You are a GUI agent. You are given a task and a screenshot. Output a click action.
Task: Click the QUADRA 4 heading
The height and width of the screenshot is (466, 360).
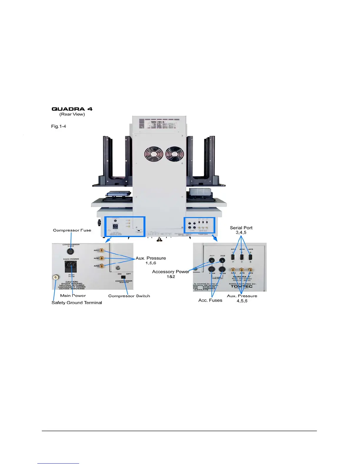pos(72,109)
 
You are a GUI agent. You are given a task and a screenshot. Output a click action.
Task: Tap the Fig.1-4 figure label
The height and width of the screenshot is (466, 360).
pos(59,126)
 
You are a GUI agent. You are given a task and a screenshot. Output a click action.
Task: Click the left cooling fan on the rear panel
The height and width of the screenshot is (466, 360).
pos(154,154)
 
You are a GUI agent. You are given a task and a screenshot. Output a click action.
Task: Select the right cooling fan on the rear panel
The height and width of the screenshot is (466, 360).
pos(174,154)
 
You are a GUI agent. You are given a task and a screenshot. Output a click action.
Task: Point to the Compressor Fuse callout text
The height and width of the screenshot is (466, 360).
pos(72,230)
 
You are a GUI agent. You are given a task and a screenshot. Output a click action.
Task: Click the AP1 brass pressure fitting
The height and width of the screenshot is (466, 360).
pos(102,250)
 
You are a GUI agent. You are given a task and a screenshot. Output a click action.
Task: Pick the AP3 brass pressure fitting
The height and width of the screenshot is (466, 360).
pos(102,266)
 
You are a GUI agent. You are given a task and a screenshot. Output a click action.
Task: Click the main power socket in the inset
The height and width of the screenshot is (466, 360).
pos(71,267)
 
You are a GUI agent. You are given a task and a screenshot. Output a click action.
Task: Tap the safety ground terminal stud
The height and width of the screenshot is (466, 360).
pos(55,277)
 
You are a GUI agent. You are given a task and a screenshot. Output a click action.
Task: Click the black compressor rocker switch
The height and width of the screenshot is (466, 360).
pos(123,277)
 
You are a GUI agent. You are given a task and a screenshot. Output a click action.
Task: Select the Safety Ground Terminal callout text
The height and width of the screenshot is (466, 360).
pos(77,303)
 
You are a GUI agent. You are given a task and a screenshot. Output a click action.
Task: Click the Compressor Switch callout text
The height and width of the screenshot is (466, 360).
pos(129,296)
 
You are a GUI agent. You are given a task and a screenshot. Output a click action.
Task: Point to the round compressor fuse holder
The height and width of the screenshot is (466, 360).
pos(71,251)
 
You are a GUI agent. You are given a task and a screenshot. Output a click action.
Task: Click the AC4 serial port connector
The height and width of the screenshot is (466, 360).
pos(242,257)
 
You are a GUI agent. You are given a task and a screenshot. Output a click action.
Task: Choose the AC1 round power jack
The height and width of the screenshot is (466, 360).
pos(211,260)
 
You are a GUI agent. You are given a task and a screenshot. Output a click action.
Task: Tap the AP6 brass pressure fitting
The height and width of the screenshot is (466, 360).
pos(250,270)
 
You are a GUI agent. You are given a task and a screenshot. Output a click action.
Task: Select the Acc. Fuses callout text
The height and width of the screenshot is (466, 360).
pos(210,300)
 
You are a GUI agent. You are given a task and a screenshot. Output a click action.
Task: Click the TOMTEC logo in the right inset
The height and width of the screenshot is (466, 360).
pos(241,286)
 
